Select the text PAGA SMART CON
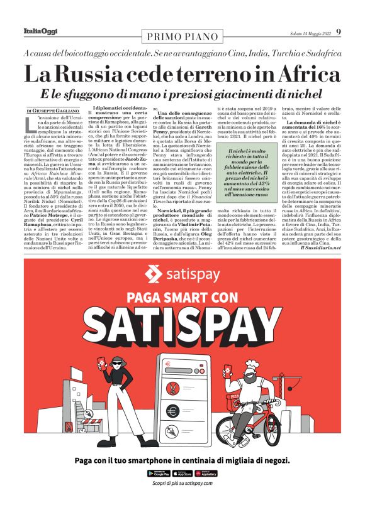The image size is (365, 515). point(182,296)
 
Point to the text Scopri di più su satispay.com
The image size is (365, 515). point(182,483)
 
